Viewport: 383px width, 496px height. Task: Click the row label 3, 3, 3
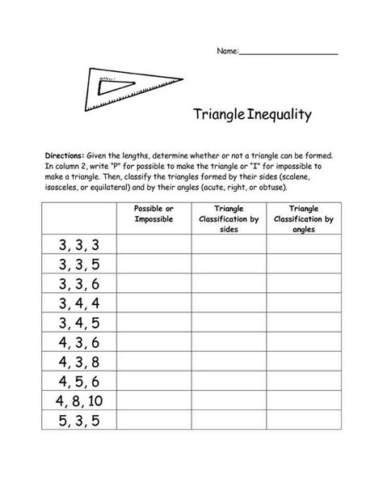click(x=78, y=245)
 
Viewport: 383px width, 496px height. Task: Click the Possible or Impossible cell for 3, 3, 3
click(x=153, y=245)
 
